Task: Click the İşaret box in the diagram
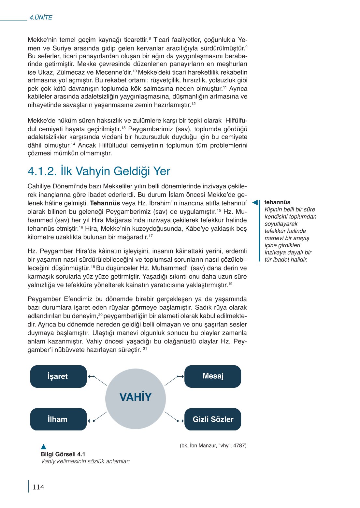click(x=58, y=376)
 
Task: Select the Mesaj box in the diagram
click(x=213, y=376)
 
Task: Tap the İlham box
click(x=58, y=419)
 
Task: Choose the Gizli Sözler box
click(x=213, y=419)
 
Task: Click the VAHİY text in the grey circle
click(x=136, y=397)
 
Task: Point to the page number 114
click(x=38, y=487)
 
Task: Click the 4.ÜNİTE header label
click(x=41, y=18)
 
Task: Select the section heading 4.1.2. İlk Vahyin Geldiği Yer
click(x=99, y=171)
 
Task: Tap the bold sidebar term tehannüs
click(x=277, y=202)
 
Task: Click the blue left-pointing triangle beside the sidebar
click(x=256, y=203)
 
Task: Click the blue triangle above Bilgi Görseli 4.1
click(x=44, y=447)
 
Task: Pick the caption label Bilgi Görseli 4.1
click(x=63, y=454)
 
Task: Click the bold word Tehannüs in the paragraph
click(x=105, y=203)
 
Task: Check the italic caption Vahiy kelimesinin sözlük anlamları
click(x=85, y=461)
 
